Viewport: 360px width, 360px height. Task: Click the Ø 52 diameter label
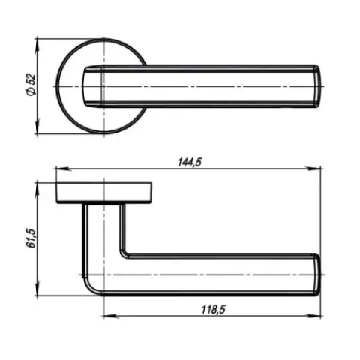(x=31, y=85)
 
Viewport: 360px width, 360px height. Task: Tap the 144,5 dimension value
(x=190, y=163)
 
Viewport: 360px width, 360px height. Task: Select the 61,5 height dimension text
(x=31, y=238)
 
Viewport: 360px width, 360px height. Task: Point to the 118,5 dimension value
(x=214, y=310)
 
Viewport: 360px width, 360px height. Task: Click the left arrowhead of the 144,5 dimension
(x=62, y=169)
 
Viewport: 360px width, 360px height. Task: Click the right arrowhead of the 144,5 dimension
(x=313, y=169)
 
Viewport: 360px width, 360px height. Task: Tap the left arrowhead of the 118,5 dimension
(x=110, y=316)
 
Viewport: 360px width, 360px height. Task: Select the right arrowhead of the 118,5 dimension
(x=313, y=316)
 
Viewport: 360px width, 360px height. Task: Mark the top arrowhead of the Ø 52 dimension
(x=37, y=46)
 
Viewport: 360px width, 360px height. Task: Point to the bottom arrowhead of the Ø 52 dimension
(x=37, y=127)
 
